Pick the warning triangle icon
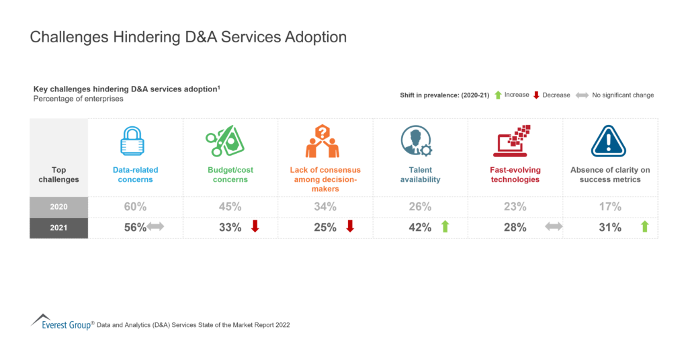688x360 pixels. [x=609, y=142]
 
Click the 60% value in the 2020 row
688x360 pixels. [x=135, y=207]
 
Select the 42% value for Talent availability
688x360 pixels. [x=420, y=228]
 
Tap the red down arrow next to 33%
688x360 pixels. [x=255, y=227]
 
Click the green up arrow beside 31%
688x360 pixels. [x=644, y=227]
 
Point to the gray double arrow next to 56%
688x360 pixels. [x=156, y=228]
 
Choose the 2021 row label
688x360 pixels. [x=59, y=228]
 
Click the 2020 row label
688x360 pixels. [x=59, y=207]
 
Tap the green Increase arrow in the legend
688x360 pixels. [x=498, y=95]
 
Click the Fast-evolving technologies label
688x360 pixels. [x=515, y=175]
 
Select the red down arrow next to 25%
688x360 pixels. [x=349, y=227]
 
